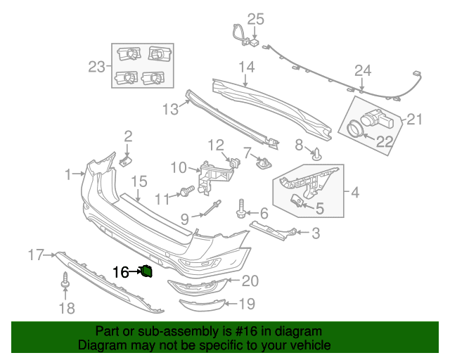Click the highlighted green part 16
pyautogui.click(x=148, y=271)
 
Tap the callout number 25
pyautogui.click(x=255, y=18)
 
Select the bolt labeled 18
pyautogui.click(x=66, y=281)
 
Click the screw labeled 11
pyautogui.click(x=187, y=190)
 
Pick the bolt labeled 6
pyautogui.click(x=241, y=207)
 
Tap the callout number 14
pyautogui.click(x=245, y=67)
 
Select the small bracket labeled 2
pyautogui.click(x=125, y=162)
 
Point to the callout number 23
pyautogui.click(x=96, y=67)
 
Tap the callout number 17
pyautogui.click(x=36, y=254)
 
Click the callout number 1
pyautogui.click(x=68, y=173)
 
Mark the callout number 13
pyautogui.click(x=170, y=109)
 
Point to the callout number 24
pyautogui.click(x=362, y=70)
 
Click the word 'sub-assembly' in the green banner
pyautogui.click(x=166, y=331)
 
